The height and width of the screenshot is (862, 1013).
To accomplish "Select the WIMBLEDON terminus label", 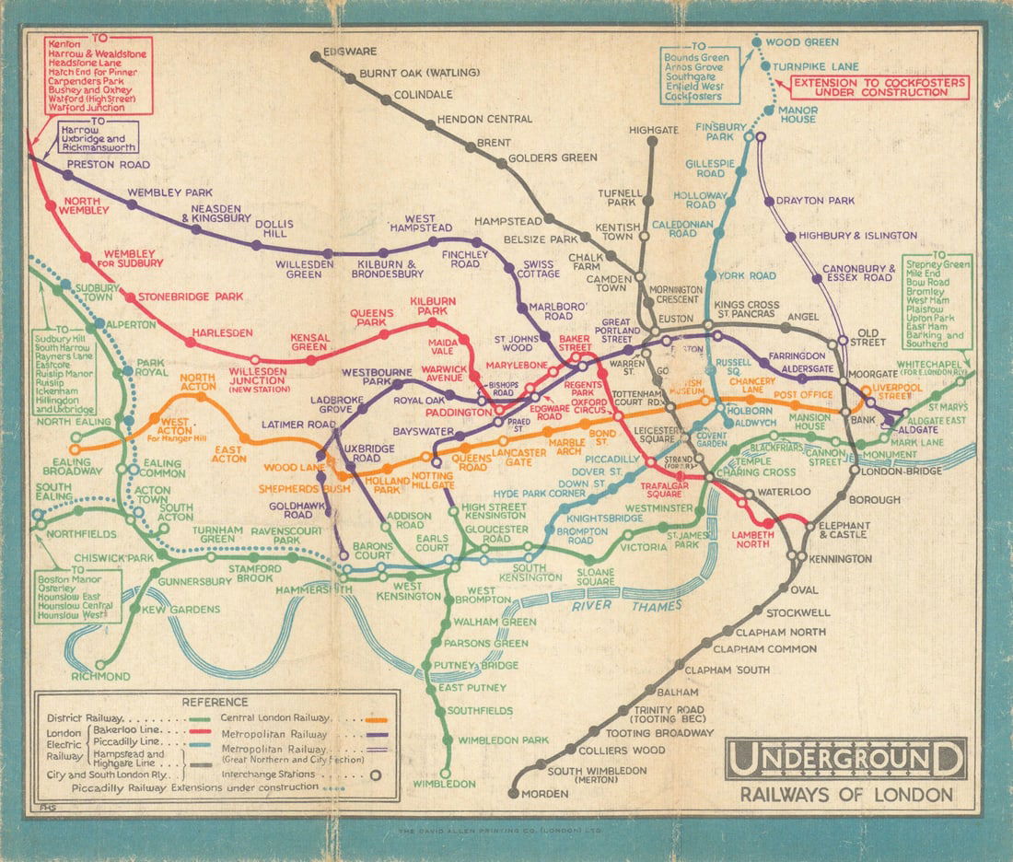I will (445, 784).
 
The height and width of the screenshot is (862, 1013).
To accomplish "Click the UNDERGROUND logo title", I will (845, 761).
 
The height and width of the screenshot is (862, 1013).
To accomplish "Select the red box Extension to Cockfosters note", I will (879, 87).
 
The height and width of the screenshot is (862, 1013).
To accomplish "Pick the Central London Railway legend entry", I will (276, 718).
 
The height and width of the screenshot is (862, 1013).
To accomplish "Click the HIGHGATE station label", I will (653, 130).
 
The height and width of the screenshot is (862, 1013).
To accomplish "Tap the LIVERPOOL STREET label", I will (901, 390).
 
